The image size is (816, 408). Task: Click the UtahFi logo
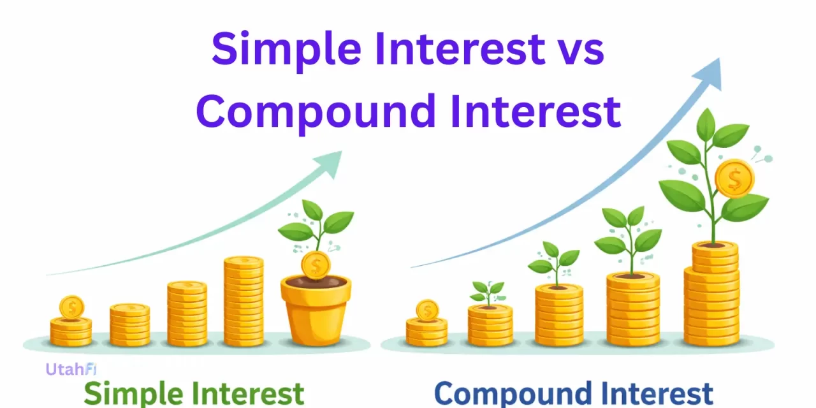[x=70, y=369]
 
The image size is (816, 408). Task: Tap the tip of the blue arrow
[x=718, y=61]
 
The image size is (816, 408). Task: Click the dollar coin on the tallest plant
[x=734, y=178]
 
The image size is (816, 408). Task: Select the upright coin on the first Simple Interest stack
[x=71, y=308]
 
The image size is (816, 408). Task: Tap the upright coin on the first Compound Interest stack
[x=426, y=310]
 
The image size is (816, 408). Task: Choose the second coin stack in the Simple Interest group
[x=129, y=324]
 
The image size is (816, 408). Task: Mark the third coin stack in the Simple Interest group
[x=187, y=313]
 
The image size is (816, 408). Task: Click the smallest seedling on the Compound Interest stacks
[x=488, y=293]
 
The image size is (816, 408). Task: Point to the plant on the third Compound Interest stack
[x=553, y=261]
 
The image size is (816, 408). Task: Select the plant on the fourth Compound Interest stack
[x=627, y=239]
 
